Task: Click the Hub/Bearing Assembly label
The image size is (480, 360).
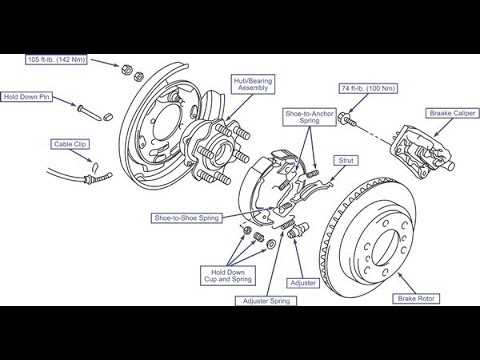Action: pos(253,84)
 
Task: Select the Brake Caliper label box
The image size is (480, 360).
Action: pos(452,113)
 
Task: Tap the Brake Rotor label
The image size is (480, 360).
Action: pos(416,299)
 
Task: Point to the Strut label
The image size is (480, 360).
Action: pos(346,160)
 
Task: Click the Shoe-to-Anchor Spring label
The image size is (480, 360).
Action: pos(309,117)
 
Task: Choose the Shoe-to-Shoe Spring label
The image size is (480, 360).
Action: pos(187,218)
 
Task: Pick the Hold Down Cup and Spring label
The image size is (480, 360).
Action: pos(228,276)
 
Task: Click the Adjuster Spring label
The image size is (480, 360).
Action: pos(266,301)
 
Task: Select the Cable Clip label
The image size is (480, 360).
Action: pos(70,144)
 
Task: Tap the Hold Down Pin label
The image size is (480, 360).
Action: pos(26,97)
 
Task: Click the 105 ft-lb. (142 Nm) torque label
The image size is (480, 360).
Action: pos(57,59)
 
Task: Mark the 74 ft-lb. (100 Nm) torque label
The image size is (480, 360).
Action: pos(368,88)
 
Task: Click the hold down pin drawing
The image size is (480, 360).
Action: pos(91,112)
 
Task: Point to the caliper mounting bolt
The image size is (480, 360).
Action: pos(347,119)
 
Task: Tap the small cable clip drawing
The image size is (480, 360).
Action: pos(95,166)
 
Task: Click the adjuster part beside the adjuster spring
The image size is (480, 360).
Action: pos(298,230)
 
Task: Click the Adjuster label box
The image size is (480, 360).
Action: pos(303,283)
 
